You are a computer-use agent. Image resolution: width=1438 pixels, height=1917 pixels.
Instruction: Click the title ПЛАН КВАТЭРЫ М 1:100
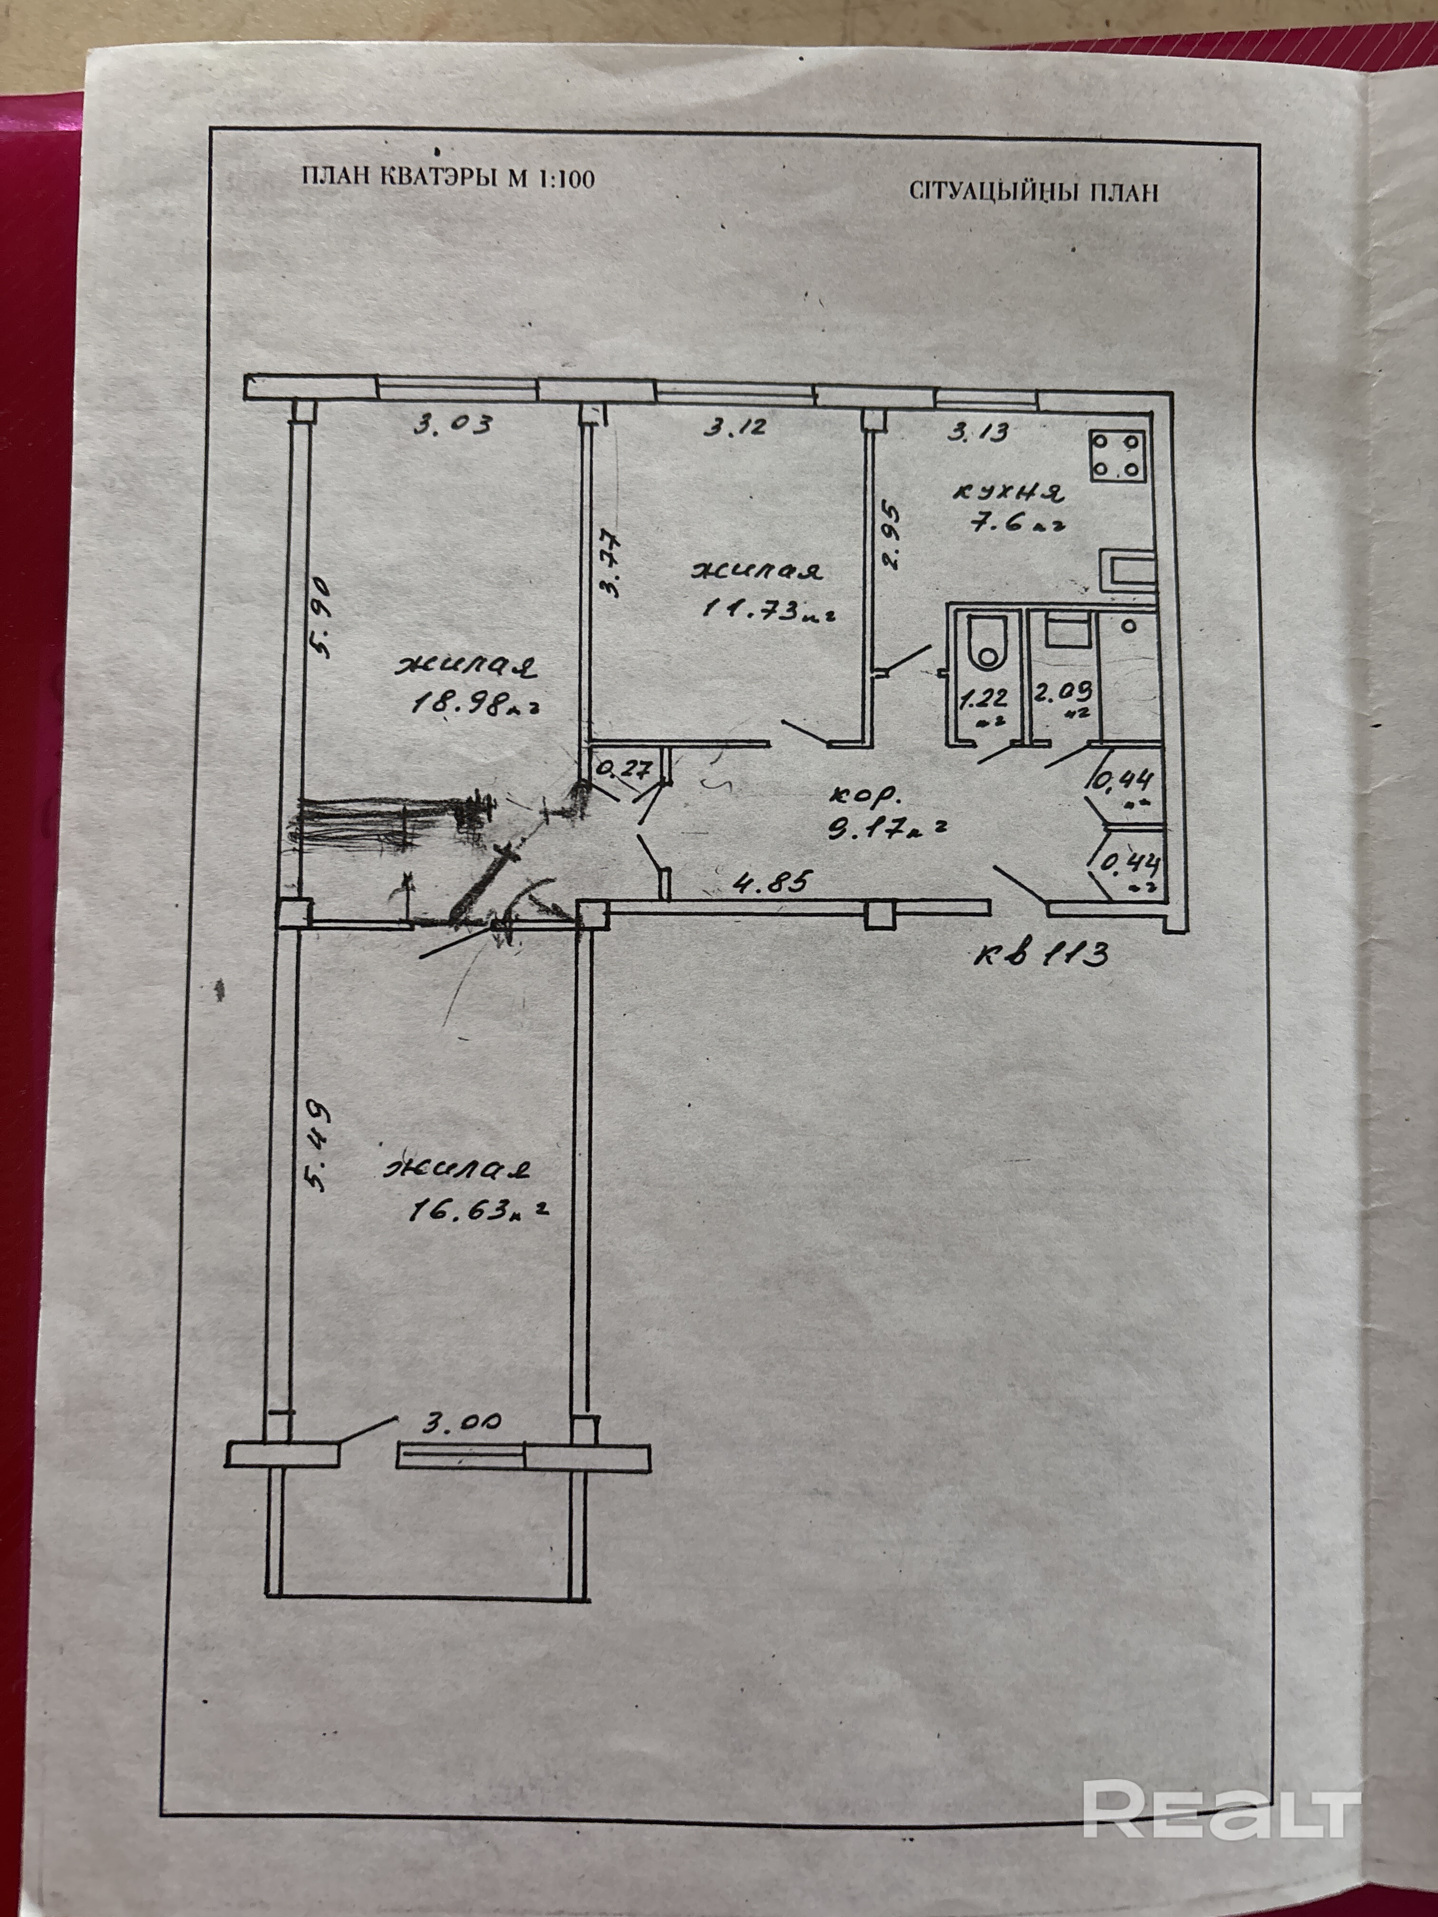[447, 178]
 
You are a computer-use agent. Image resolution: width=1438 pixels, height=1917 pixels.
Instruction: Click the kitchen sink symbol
[1127, 570]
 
